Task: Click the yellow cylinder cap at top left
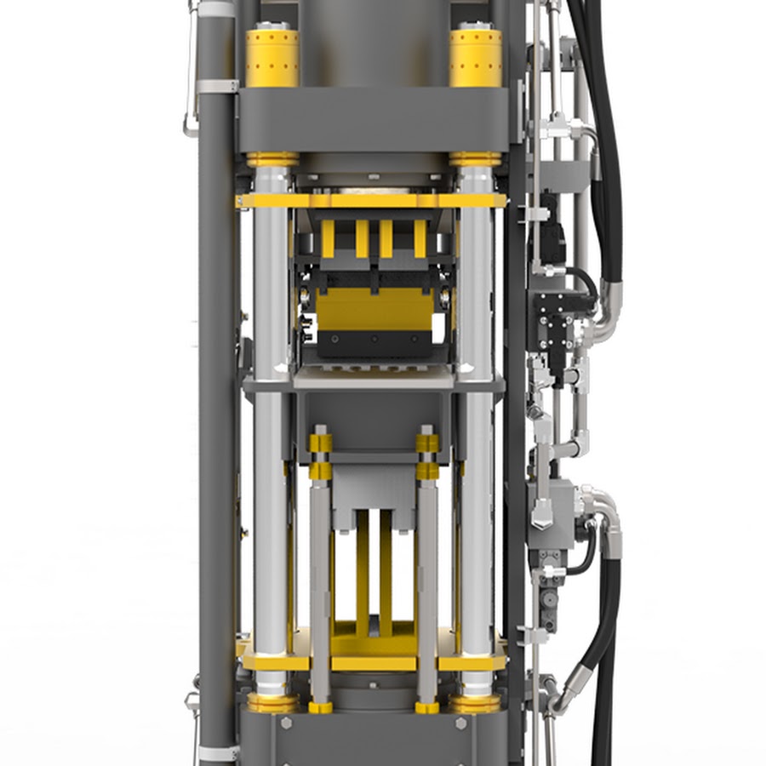272,58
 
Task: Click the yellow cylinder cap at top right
476,58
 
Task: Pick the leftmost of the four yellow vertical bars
328,238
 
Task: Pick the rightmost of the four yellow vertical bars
420,238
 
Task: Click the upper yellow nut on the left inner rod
321,443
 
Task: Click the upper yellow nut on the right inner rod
427,443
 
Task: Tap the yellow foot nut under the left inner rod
321,706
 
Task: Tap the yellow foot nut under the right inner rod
427,706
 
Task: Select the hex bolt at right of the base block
460,723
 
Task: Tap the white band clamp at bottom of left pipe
217,752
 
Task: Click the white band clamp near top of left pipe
217,86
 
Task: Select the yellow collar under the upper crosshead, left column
272,159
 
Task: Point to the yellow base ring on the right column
476,703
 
